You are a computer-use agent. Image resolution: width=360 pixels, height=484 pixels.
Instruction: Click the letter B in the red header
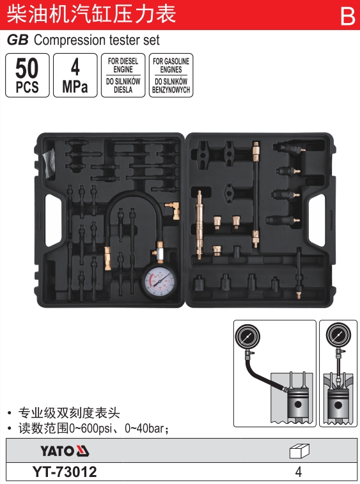tap(348, 16)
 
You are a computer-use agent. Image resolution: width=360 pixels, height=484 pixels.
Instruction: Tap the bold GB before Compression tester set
tap(18, 40)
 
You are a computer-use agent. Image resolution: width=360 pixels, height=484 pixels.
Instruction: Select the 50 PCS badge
tap(27, 75)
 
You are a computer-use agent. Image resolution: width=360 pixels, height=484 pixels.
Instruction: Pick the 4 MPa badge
tap(75, 75)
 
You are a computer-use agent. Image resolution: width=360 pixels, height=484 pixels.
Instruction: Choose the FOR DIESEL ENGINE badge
tap(123, 75)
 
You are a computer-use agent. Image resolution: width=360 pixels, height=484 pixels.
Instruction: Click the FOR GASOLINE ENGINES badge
tap(171, 75)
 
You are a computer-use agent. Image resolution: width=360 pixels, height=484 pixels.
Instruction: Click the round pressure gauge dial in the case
tap(159, 281)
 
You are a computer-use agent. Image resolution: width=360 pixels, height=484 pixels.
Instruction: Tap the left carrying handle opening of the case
tap(53, 220)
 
